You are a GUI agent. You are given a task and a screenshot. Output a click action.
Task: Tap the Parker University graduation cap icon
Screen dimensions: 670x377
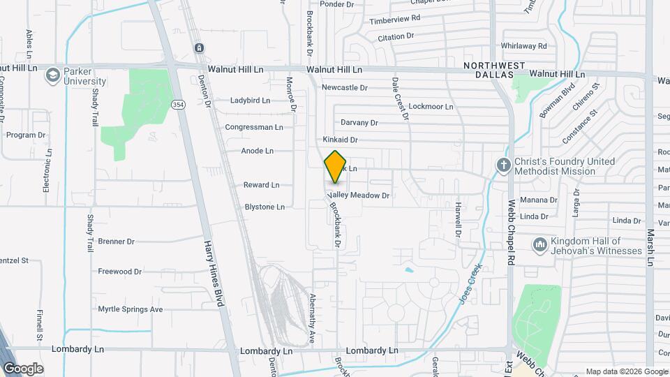tap(52, 75)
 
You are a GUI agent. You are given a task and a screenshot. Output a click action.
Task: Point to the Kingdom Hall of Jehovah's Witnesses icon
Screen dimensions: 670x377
tap(539, 245)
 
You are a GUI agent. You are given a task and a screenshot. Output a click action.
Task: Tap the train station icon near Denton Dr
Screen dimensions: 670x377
tap(199, 47)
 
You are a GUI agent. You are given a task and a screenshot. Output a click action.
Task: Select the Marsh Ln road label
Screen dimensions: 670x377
tap(650, 248)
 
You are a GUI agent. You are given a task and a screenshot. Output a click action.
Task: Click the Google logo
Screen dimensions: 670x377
tap(23, 368)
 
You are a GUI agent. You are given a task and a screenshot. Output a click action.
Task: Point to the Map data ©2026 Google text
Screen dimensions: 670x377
tap(626, 371)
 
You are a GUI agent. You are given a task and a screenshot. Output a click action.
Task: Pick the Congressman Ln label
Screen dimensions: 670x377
tap(254, 127)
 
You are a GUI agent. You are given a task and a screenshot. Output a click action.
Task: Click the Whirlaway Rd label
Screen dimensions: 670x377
tap(523, 46)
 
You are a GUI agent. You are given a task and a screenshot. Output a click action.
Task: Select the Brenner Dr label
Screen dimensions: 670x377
tap(116, 242)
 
